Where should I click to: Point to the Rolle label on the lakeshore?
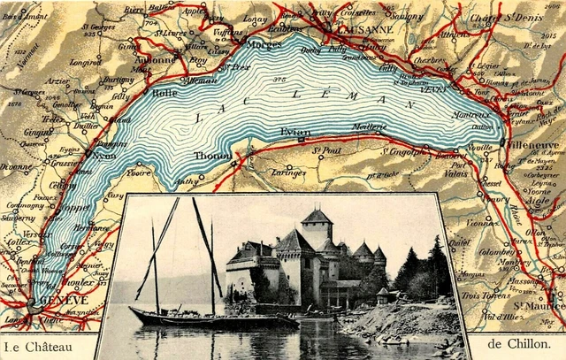click(x=164, y=92)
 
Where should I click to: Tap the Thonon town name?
click(x=213, y=156)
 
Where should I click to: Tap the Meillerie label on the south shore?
click(x=371, y=127)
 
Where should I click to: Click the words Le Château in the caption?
click(x=37, y=345)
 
